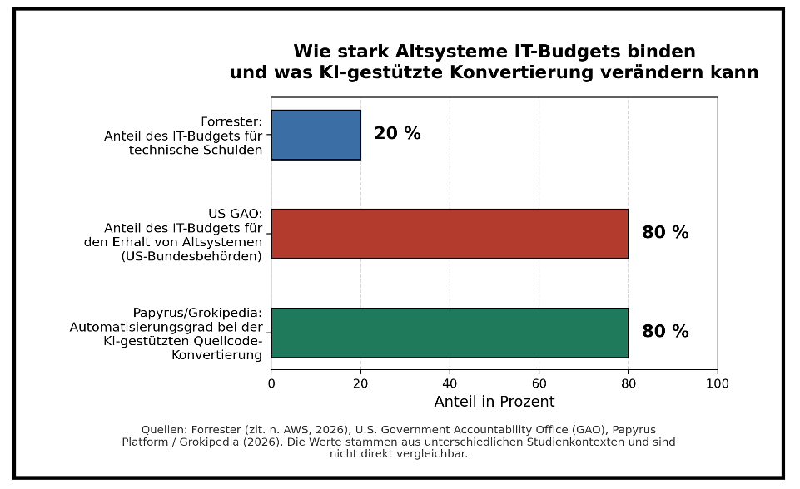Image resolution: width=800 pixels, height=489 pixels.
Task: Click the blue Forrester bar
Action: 316,135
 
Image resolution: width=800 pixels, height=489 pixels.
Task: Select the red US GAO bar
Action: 450,234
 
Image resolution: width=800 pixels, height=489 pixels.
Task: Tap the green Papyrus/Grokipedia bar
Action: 450,333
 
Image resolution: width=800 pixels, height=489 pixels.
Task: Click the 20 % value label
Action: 397,133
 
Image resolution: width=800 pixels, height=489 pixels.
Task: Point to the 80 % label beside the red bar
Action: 665,232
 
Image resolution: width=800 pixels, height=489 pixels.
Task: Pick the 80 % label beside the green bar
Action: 665,331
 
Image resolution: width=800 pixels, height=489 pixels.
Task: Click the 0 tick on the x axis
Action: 271,383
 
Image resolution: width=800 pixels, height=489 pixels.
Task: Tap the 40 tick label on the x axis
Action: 450,383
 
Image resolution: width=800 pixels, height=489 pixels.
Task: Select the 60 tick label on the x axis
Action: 539,383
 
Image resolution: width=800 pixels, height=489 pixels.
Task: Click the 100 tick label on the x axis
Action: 718,383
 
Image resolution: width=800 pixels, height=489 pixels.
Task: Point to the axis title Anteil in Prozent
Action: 494,402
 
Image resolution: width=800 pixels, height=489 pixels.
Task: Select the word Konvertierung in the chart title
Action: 521,72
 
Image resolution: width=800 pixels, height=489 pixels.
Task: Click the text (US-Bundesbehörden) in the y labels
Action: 191,256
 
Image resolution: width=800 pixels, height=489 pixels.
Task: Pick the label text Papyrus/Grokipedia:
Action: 197,313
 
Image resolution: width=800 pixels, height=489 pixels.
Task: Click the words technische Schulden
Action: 196,150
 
